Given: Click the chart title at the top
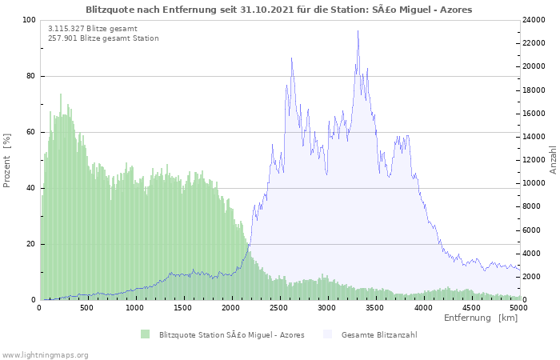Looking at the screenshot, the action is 279,10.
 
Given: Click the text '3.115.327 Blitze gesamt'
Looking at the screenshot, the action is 93,29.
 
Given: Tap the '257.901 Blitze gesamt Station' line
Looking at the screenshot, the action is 103,38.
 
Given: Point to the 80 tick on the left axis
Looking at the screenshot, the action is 30,76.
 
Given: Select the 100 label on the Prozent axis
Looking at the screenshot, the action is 29,20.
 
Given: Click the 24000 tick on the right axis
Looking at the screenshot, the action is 534,20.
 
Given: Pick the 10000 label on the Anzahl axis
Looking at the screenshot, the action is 534,183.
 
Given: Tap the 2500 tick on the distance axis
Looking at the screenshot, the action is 278,308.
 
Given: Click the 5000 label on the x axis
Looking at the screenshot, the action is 518,308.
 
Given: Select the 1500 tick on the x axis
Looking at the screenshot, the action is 183,308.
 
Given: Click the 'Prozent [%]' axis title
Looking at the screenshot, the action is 7,160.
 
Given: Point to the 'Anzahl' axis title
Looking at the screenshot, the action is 554,160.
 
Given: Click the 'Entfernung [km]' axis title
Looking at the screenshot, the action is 481,318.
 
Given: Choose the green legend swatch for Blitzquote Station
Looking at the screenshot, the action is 145,334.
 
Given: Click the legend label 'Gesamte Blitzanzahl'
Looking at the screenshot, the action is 379,335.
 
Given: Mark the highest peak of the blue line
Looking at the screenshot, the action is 358,30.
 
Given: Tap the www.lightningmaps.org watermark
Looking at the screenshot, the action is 46,355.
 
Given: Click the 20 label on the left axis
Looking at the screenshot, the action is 30,244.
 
